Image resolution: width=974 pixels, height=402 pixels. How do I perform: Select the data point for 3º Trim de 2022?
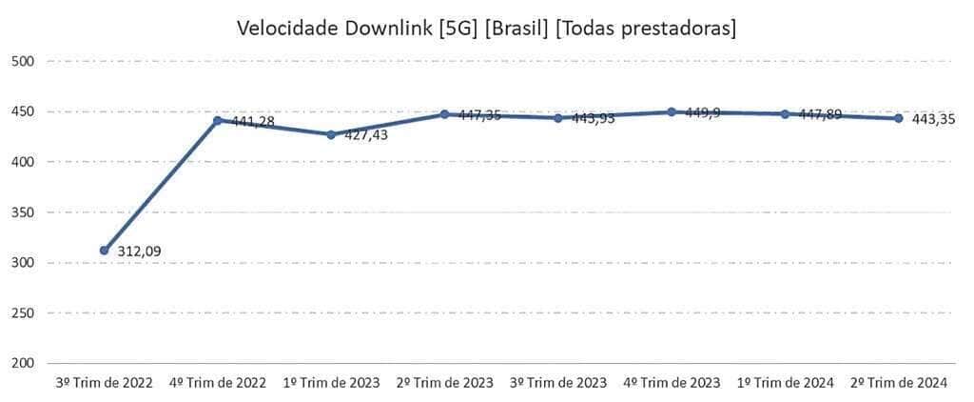(104, 251)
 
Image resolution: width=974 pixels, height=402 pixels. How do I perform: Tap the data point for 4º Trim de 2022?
(218, 121)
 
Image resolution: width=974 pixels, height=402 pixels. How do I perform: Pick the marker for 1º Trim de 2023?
(331, 134)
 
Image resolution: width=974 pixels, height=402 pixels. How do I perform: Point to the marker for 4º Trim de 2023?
(672, 111)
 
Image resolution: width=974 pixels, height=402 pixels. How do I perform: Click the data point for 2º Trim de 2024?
(899, 118)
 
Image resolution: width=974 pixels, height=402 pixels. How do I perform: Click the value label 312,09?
(139, 252)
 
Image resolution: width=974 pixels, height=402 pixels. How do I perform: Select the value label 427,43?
(366, 135)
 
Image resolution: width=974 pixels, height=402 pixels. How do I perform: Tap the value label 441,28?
(253, 122)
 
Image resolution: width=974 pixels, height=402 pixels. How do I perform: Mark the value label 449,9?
(703, 112)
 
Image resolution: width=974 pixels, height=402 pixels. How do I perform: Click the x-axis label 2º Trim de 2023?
(444, 383)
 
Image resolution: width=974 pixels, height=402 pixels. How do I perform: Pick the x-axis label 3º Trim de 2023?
(558, 383)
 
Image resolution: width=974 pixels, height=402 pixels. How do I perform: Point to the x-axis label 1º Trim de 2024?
(786, 383)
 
